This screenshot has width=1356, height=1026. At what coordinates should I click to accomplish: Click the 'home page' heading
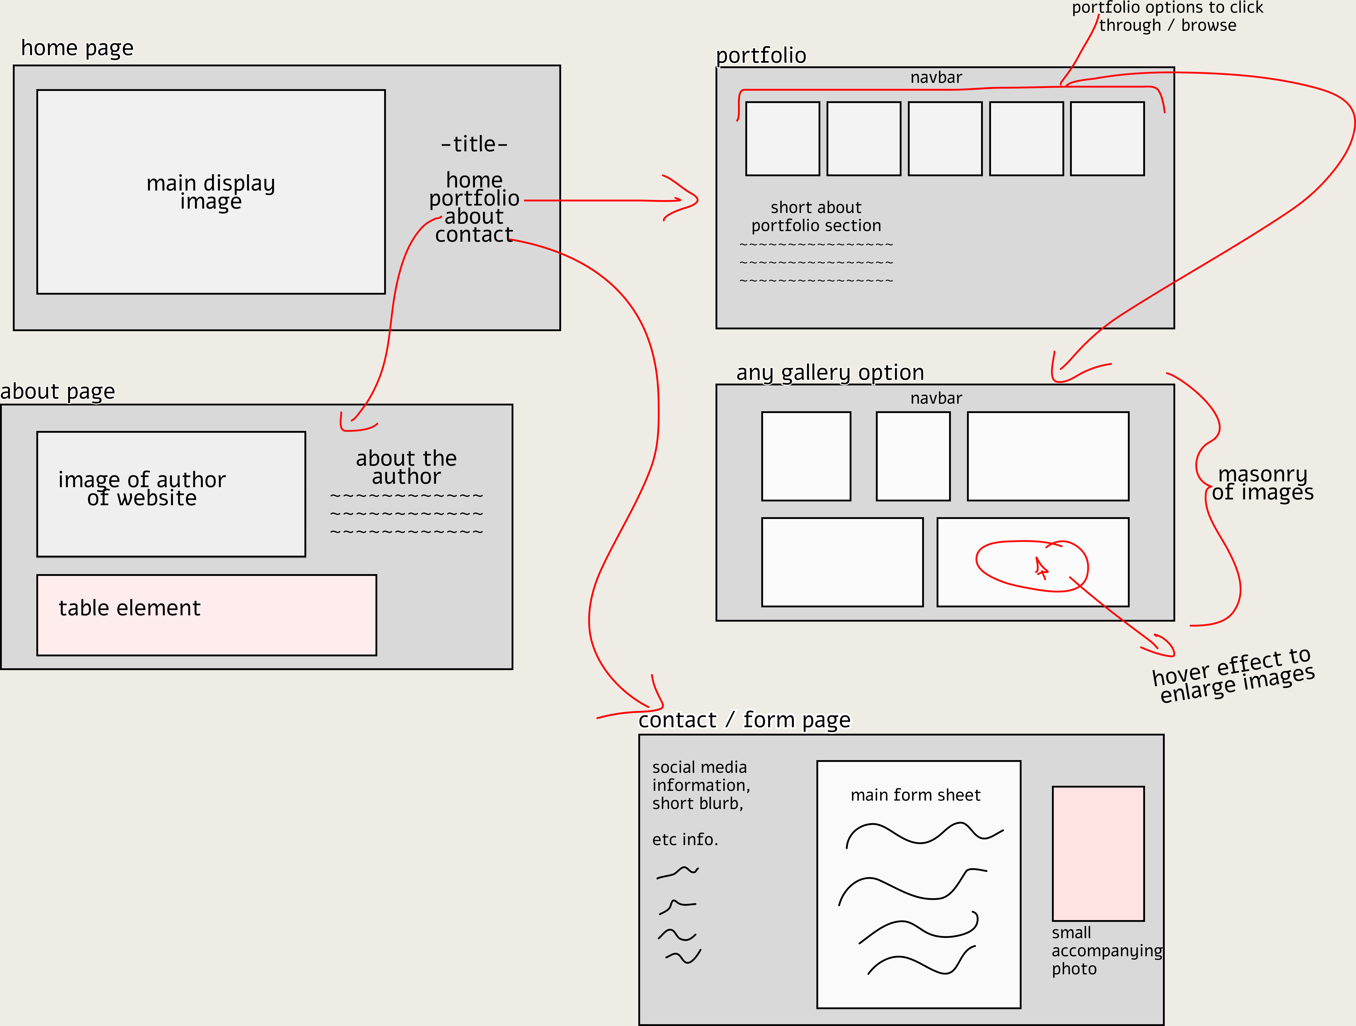pyautogui.click(x=77, y=48)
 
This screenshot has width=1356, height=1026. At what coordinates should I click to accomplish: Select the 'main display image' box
pyautogui.click(x=211, y=192)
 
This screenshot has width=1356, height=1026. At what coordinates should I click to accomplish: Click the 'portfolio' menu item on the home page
pyautogui.click(x=474, y=198)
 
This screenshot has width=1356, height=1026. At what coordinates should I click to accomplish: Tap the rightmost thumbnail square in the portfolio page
pyautogui.click(x=1107, y=138)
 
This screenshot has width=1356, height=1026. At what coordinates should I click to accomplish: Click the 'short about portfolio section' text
pyautogui.click(x=816, y=216)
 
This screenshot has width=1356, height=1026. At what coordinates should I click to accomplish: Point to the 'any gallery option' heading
pyautogui.click(x=830, y=372)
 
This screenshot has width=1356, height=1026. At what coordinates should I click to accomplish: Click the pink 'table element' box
pyautogui.click(x=207, y=615)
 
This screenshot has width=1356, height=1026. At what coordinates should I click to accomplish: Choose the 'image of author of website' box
pyautogui.click(x=171, y=494)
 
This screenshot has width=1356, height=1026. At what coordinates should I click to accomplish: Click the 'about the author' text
pyautogui.click(x=406, y=467)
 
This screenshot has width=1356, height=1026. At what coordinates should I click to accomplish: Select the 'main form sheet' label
pyautogui.click(x=915, y=795)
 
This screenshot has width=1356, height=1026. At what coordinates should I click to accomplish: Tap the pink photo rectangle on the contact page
pyautogui.click(x=1098, y=853)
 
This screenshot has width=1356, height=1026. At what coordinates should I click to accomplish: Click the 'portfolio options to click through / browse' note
pyautogui.click(x=1167, y=17)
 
